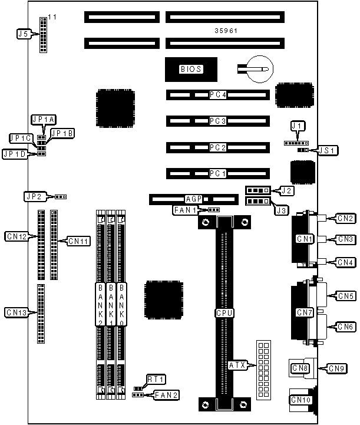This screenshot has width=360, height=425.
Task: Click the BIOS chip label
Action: tap(191, 69)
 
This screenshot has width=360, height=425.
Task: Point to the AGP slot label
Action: tap(194, 199)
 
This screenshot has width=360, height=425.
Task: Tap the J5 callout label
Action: tap(24, 34)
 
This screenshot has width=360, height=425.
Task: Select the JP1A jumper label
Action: tap(44, 120)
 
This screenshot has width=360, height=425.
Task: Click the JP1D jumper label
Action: tap(14, 154)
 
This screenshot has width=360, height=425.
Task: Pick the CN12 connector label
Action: tap(16, 236)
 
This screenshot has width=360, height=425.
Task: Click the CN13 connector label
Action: tap(16, 311)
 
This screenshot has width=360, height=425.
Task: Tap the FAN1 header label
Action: tap(185, 210)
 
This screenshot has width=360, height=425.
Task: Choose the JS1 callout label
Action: tap(328, 150)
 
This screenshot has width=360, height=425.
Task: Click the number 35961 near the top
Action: tap(226, 30)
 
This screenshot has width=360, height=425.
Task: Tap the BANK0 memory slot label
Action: tap(122, 305)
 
